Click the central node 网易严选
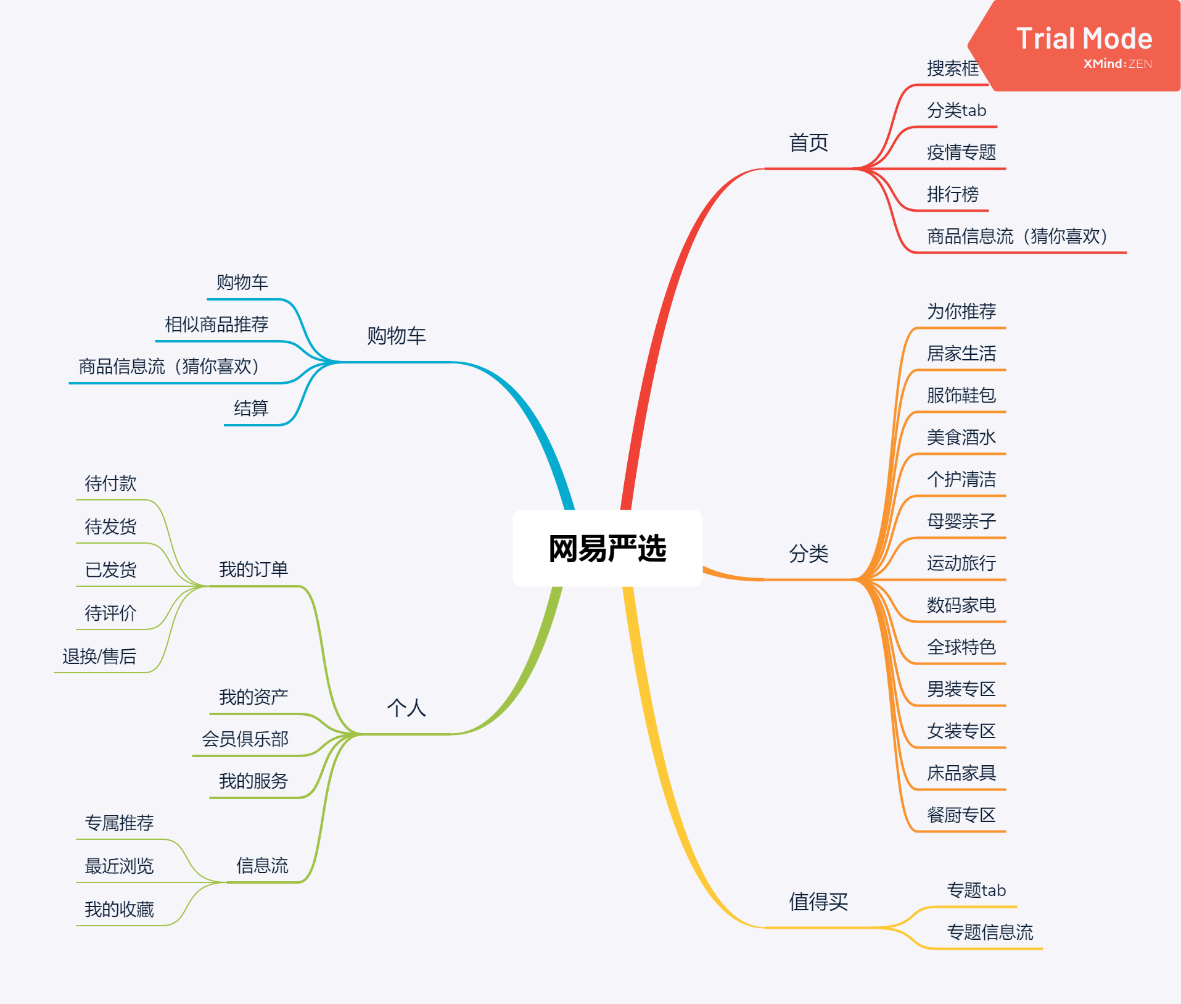[x=607, y=548]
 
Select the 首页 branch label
[x=809, y=143]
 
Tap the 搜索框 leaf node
[x=952, y=68]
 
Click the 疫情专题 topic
[x=961, y=152]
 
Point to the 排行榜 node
[x=952, y=194]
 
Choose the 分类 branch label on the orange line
[x=809, y=554]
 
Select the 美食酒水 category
[x=961, y=437]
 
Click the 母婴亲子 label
[x=961, y=521]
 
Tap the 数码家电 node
[x=961, y=605]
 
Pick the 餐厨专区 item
[x=961, y=815]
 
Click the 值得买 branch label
[x=818, y=902]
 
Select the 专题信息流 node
[x=990, y=932]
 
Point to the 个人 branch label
[x=406, y=708]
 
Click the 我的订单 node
[x=253, y=569]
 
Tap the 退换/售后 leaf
[x=99, y=656]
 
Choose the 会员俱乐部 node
[x=245, y=739]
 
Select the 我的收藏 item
[x=119, y=909]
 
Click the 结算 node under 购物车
[x=251, y=408]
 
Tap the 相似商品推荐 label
[x=216, y=324]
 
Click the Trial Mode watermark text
[x=1084, y=38]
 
